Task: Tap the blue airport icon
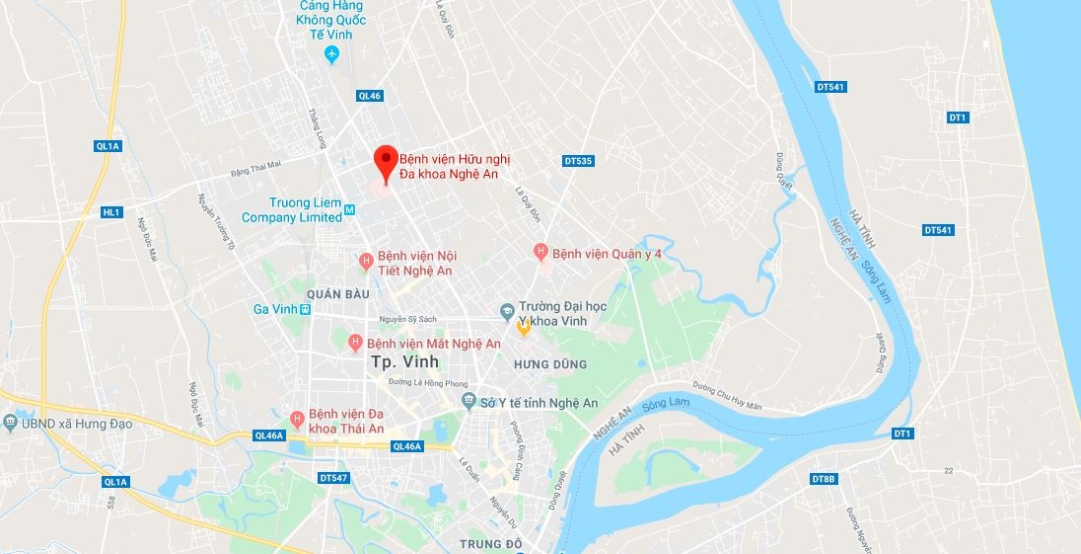(332, 53)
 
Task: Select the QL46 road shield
(370, 96)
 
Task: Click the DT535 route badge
(578, 160)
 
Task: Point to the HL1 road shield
(111, 212)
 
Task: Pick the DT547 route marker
(334, 478)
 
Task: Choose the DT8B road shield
(823, 479)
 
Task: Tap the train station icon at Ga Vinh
(306, 309)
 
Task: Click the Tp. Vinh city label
(404, 362)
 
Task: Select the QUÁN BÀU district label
(337, 294)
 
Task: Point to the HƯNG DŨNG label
(549, 364)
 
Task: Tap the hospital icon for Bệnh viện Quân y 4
(540, 253)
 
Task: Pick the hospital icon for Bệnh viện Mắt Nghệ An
(355, 343)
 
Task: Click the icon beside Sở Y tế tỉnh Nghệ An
(468, 402)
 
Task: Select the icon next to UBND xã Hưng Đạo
(10, 424)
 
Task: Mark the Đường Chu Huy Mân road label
(728, 386)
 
